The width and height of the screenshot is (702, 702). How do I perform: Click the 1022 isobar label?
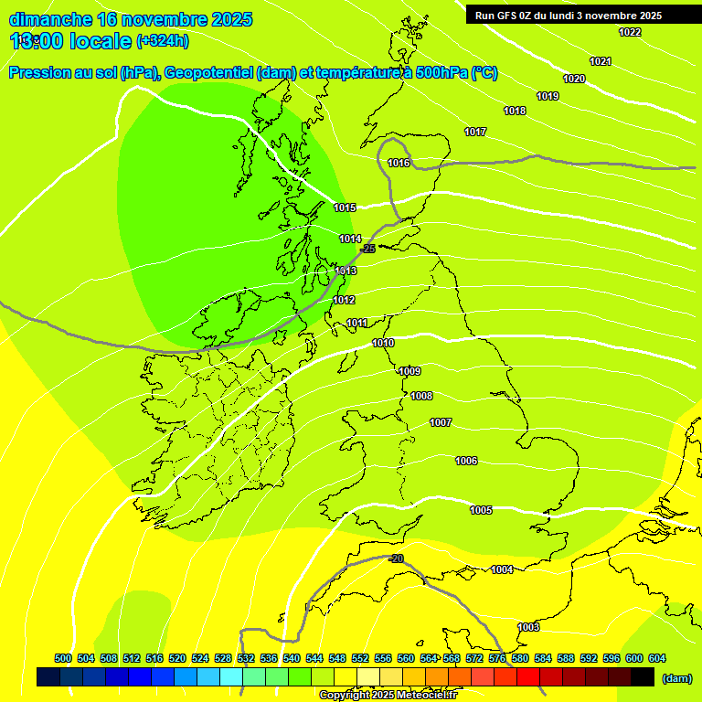630,32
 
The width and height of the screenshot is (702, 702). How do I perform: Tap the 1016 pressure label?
399,163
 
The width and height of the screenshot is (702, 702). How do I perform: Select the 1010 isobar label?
383,343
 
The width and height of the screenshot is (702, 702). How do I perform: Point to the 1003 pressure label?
528,627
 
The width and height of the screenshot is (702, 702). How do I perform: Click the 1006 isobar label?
466,461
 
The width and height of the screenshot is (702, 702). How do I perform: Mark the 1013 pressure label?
346,271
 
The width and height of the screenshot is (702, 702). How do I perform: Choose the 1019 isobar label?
548,96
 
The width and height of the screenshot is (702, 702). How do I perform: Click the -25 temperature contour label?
368,249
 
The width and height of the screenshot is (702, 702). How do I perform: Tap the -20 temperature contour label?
396,558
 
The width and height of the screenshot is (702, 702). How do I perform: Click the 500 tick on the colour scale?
63,658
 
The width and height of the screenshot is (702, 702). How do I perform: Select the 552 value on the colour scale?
360,658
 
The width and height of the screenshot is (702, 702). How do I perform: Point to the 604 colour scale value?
657,658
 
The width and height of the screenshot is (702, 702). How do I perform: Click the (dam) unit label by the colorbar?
676,678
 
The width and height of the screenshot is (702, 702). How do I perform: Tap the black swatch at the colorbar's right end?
643,677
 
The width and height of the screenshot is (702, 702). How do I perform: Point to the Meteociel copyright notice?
387,695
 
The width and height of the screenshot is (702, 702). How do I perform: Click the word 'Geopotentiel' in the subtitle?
208,73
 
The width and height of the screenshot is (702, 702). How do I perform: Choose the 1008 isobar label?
421,396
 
